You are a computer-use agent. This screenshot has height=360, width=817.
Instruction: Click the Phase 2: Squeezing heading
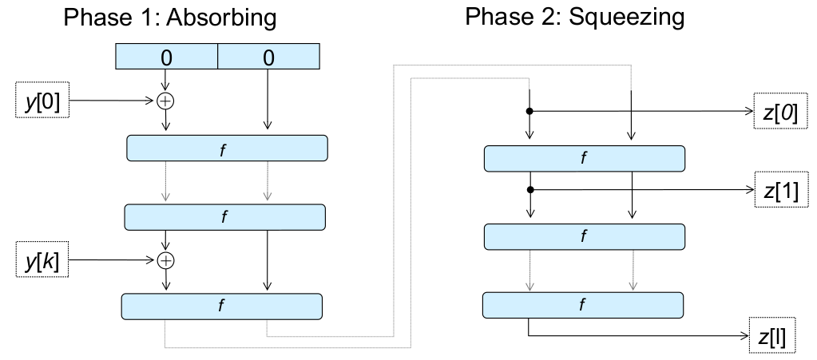coord(575,18)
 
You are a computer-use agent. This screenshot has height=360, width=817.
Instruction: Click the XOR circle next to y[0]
coord(166,101)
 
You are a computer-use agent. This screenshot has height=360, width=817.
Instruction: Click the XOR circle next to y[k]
coord(166,259)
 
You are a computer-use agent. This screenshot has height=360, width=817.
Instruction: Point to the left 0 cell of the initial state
coord(166,57)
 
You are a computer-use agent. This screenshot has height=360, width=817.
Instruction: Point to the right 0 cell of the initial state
coord(268,57)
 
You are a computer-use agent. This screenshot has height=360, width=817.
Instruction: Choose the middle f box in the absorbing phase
coord(224,216)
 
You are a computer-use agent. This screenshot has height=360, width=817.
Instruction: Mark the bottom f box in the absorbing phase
coord(221,306)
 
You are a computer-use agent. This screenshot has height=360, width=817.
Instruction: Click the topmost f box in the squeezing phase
coord(585,159)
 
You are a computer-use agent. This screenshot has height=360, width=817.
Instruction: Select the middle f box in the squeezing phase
coord(585,236)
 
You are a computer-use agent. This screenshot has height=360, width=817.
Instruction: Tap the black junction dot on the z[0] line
coord(529,111)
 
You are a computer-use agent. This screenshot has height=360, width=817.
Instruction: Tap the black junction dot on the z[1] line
coord(529,190)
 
